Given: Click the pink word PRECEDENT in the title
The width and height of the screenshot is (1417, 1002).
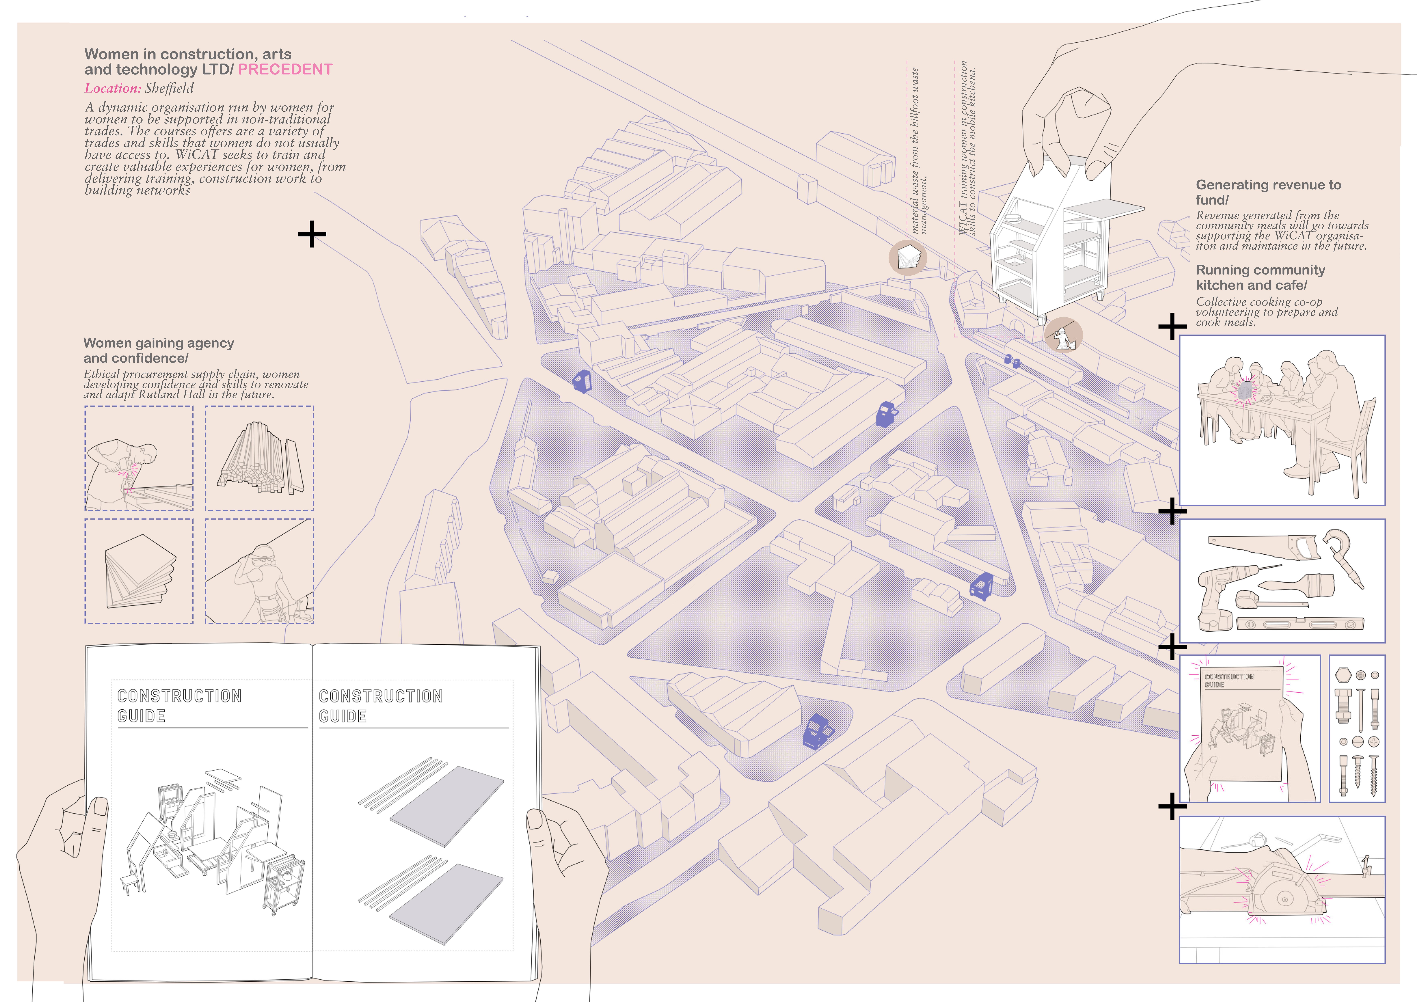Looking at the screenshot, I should pos(285,69).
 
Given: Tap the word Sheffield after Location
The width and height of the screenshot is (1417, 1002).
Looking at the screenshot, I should pos(169,88).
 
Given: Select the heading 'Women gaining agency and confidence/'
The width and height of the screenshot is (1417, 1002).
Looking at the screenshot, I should pos(159,351).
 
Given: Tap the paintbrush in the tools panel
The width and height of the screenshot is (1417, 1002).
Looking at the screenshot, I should pos(1296,583).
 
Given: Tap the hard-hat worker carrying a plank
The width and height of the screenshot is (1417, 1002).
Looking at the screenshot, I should pos(265,580).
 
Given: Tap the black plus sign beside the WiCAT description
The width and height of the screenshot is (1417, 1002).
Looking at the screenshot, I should pos(312,235).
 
